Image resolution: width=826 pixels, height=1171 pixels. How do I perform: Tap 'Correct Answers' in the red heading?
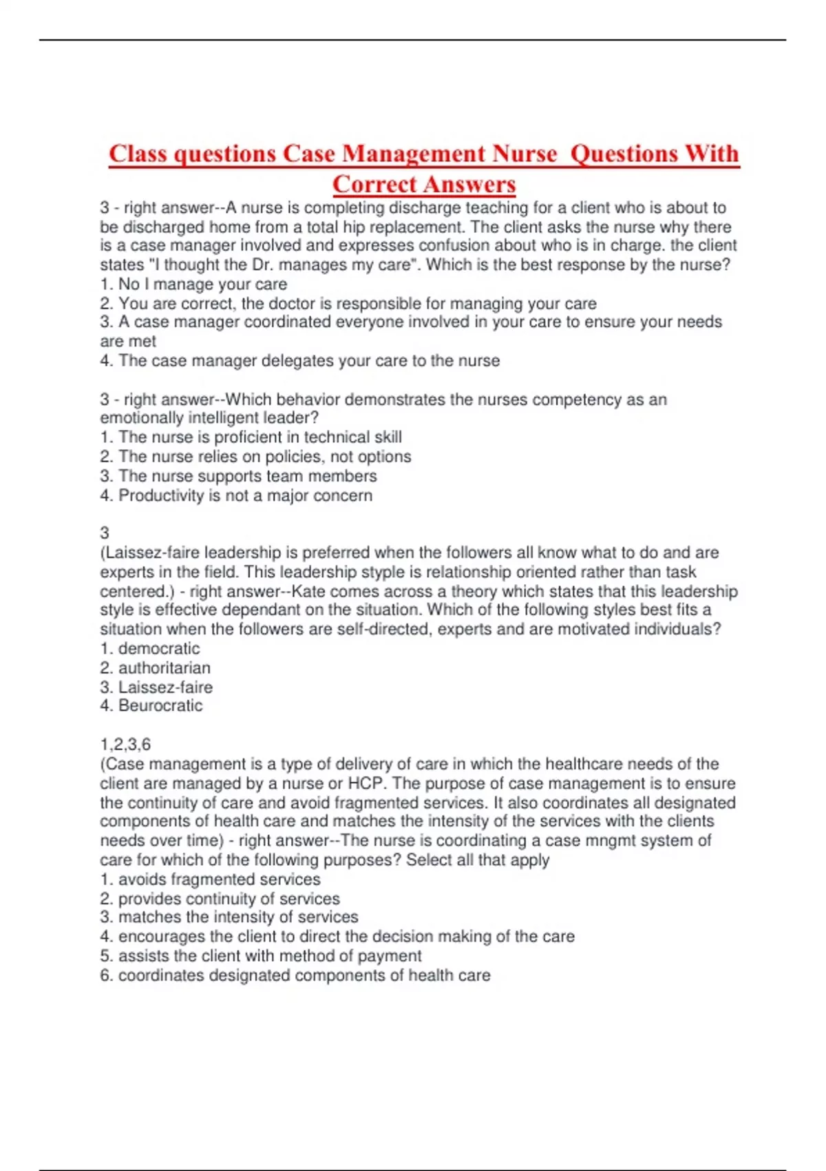[423, 184]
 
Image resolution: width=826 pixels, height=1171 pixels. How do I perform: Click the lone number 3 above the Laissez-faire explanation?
[105, 532]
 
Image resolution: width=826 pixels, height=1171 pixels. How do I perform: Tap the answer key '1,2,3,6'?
[125, 744]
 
